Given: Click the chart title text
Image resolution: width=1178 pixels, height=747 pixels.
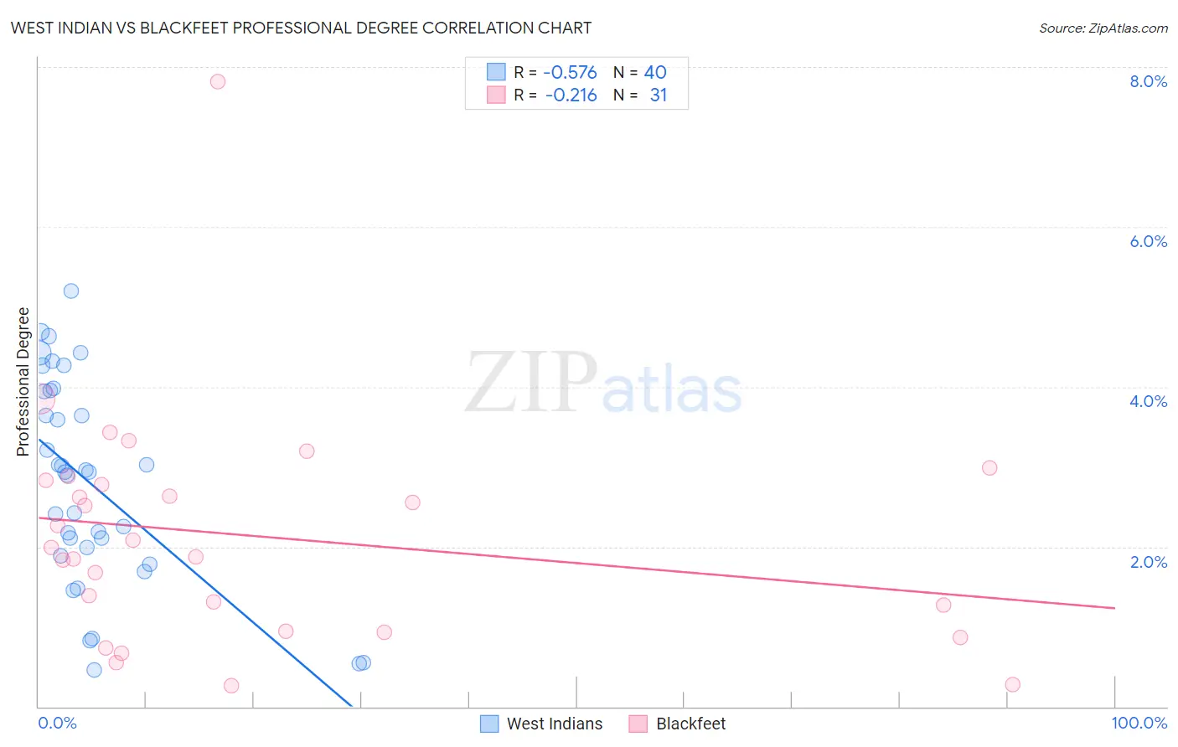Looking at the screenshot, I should [x=301, y=28].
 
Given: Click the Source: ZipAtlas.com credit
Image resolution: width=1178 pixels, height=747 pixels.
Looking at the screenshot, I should [x=1103, y=28].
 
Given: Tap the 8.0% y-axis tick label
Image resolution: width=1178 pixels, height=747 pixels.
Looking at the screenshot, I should [x=1148, y=81].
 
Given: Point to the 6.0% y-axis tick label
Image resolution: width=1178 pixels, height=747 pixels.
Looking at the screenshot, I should [x=1148, y=241].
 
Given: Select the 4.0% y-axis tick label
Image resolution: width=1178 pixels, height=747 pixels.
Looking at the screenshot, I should [x=1148, y=401].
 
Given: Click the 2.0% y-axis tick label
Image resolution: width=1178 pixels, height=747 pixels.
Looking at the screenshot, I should [x=1148, y=562].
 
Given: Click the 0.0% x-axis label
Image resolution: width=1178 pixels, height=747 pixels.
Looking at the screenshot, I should [x=57, y=723].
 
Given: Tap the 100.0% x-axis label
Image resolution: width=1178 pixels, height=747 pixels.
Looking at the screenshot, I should [x=1139, y=723].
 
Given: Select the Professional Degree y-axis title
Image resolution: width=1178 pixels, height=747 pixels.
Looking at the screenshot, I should [x=23, y=382].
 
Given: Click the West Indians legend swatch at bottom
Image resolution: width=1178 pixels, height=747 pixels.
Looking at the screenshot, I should [x=489, y=724].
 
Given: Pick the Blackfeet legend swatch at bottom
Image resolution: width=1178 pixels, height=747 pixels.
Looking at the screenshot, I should [x=638, y=724].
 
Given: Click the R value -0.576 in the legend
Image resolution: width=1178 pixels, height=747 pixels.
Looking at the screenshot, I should [x=570, y=73].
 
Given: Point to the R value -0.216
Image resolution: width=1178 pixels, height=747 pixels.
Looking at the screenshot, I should [x=571, y=95].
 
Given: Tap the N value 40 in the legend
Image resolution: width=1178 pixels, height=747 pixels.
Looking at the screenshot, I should [x=655, y=73].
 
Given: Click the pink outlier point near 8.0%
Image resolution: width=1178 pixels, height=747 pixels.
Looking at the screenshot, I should [x=218, y=81].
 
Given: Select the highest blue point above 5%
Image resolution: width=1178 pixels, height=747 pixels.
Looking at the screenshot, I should [x=71, y=291].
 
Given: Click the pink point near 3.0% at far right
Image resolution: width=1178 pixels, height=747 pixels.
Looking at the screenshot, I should [x=989, y=467].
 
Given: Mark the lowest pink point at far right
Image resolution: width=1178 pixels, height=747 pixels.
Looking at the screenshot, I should [x=1012, y=684].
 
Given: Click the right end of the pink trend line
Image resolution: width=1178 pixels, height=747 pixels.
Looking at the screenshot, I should [x=1114, y=608].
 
